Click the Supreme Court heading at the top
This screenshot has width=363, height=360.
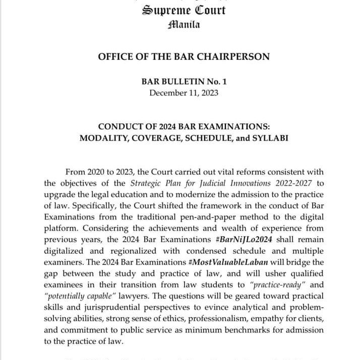[x=184, y=10]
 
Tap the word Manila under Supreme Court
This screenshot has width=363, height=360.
[x=184, y=24]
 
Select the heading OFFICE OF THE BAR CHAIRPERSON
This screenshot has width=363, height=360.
[x=184, y=56]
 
